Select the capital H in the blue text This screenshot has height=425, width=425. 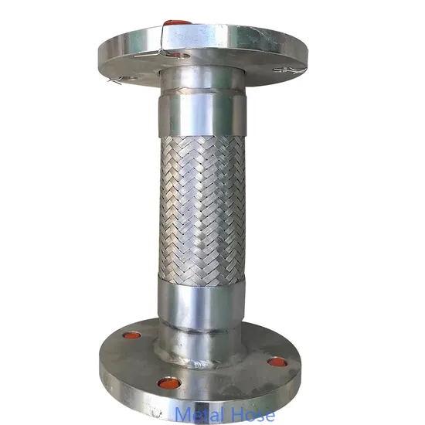pyautogui.click(x=234, y=415)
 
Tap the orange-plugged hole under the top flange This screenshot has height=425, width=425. pyautogui.click(x=182, y=56)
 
